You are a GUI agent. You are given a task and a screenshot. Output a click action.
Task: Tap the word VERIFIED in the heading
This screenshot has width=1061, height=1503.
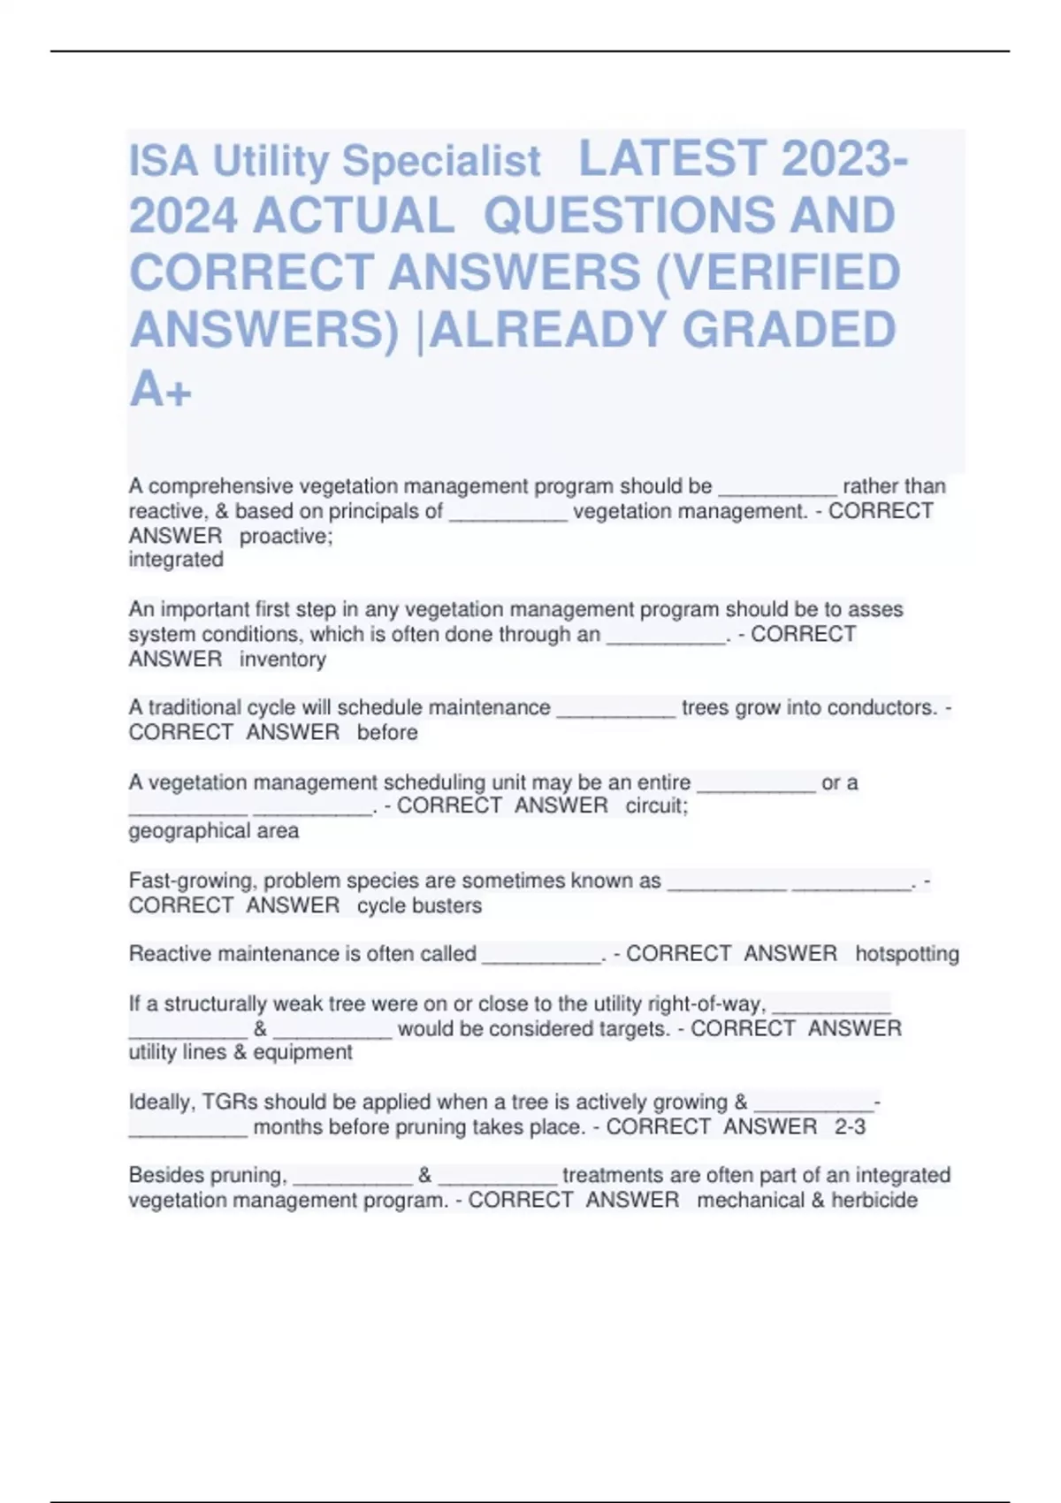pos(778,271)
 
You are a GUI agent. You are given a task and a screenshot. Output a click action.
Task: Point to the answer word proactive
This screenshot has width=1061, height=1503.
pos(286,536)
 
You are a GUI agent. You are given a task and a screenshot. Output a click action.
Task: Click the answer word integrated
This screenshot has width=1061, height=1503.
pos(176,560)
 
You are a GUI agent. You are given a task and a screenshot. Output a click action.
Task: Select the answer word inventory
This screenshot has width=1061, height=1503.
pos(282,659)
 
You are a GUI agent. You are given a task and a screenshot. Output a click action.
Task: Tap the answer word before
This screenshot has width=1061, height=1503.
pos(387,732)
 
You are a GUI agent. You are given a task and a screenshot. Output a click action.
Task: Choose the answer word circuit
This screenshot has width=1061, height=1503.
pos(656,805)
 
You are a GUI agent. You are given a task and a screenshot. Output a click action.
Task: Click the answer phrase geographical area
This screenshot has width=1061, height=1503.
pos(213,830)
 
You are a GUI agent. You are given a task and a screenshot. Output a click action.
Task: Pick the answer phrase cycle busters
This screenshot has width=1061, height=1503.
pos(419,905)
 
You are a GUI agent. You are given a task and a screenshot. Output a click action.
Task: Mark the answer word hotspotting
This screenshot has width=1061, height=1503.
pos(906,953)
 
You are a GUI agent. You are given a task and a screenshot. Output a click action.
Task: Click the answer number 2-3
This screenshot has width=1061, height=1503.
pos(850,1126)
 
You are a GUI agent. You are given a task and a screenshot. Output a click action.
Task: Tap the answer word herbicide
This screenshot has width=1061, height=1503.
pos(874,1200)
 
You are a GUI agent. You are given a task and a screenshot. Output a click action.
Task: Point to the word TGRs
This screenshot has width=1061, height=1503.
pos(230,1102)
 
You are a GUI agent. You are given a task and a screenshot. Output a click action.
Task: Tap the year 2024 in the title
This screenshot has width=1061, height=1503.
pos(183,216)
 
